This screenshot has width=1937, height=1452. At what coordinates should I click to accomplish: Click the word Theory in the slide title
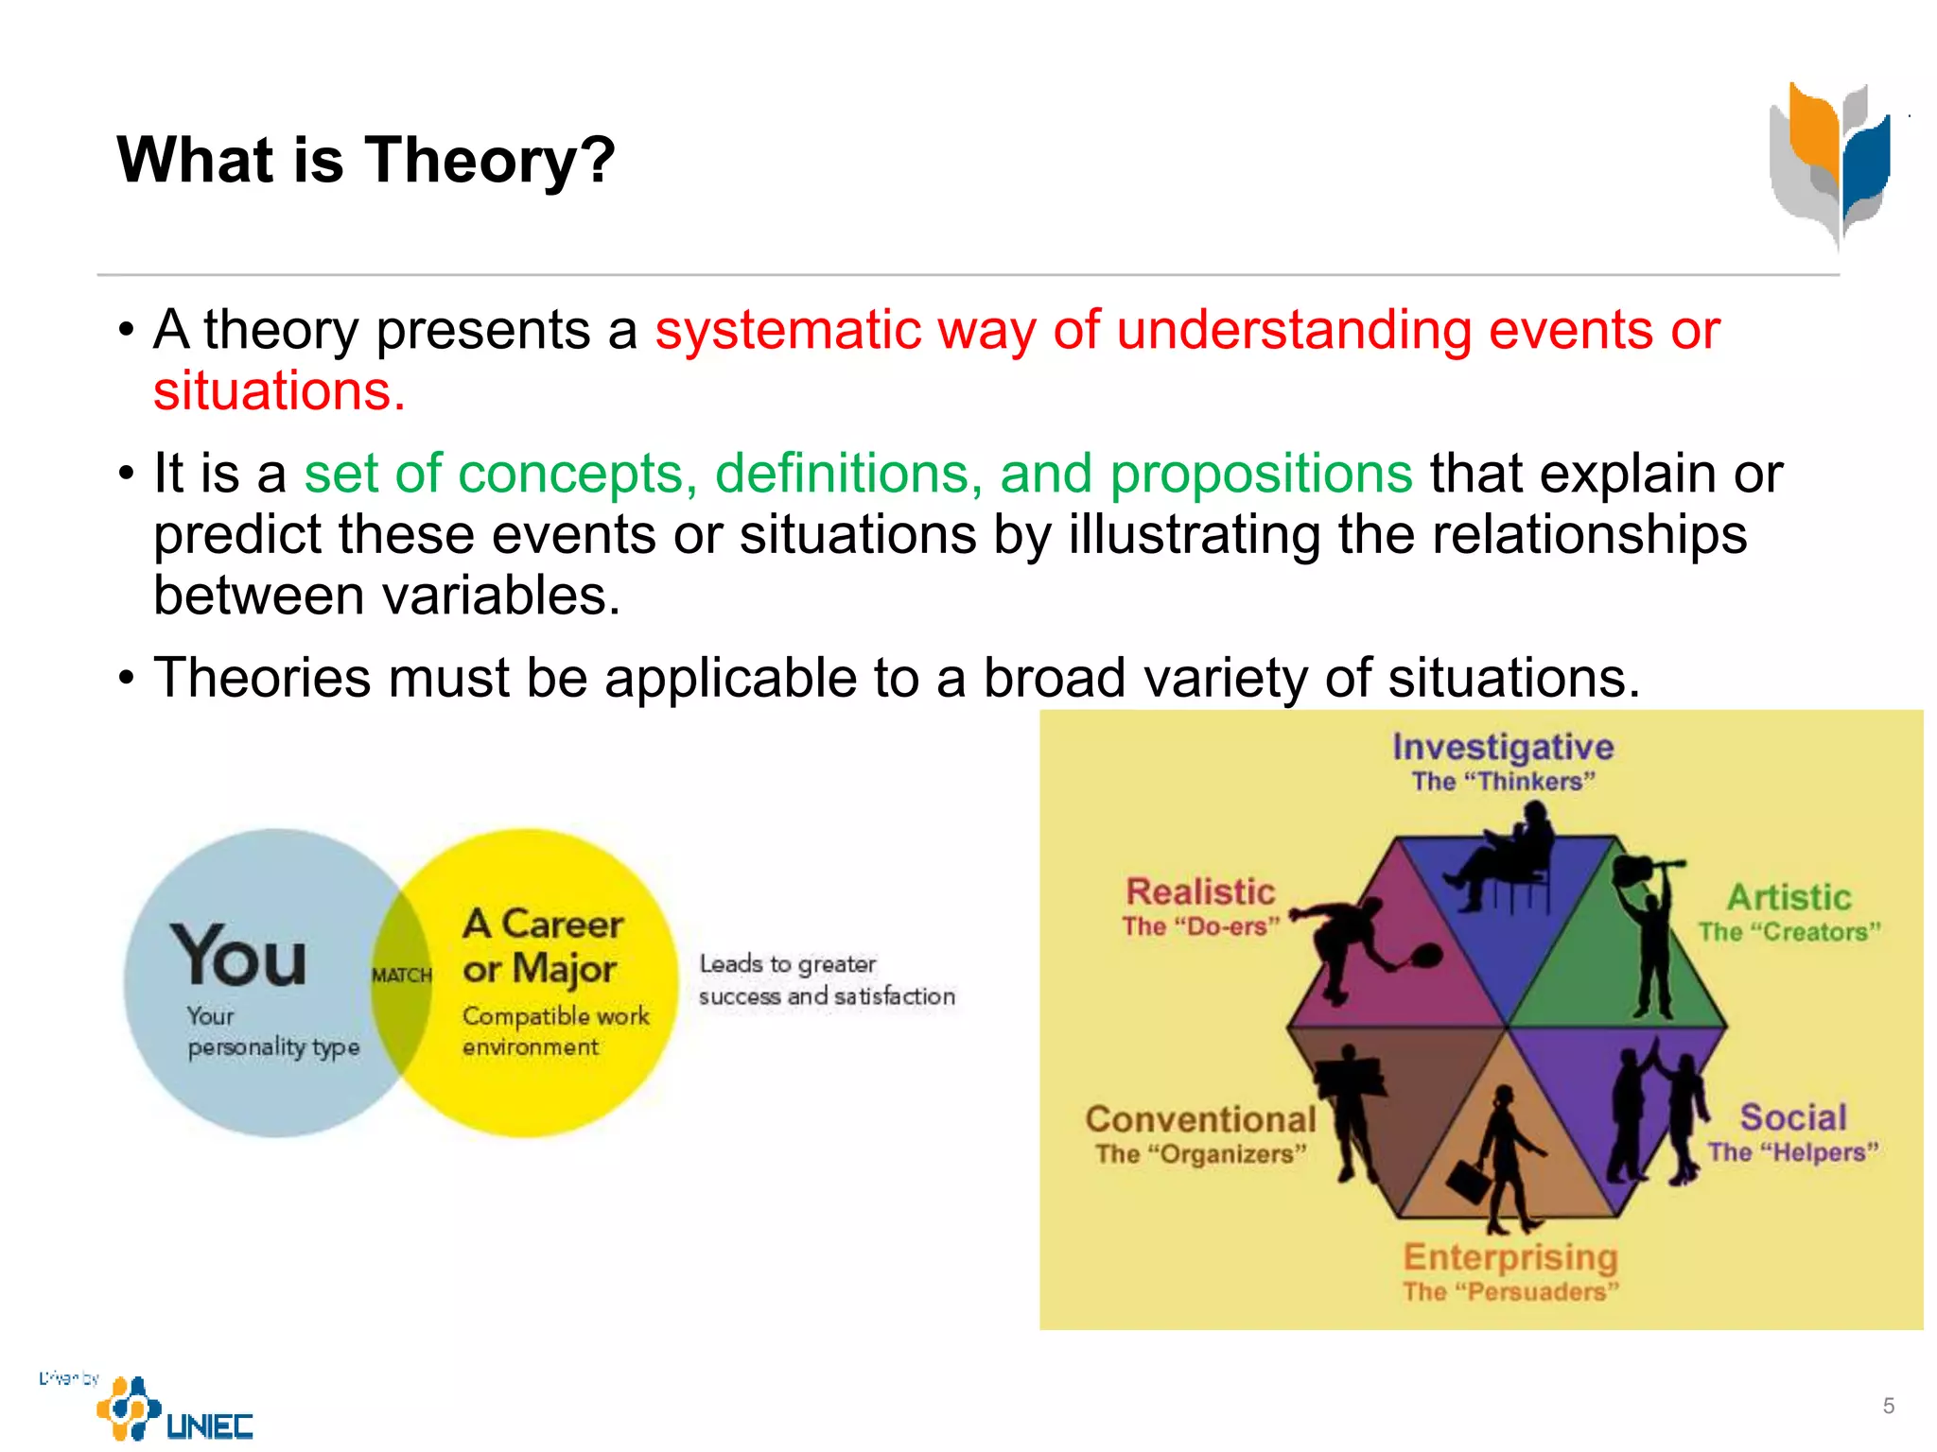[489, 160]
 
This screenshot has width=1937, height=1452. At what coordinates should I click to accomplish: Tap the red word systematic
[788, 331]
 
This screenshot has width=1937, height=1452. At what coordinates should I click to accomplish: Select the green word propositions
[1261, 474]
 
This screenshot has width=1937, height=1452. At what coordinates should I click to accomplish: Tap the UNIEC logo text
[209, 1426]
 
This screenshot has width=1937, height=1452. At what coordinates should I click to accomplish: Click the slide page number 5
[1888, 1406]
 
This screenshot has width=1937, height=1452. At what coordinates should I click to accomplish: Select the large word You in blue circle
[238, 957]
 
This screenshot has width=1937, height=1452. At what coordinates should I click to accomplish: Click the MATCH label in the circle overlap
[402, 976]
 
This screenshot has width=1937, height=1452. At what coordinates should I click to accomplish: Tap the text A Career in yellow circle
[543, 924]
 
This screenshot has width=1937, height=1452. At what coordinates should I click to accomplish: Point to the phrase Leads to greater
[787, 964]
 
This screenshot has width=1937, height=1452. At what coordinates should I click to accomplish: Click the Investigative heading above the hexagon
[1502, 747]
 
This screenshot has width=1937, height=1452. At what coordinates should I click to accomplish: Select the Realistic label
[1200, 891]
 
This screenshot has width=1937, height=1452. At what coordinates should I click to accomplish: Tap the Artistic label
[1789, 897]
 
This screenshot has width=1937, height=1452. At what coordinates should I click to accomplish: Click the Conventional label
[1200, 1119]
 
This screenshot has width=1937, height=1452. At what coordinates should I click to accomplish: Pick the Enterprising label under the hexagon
[1509, 1257]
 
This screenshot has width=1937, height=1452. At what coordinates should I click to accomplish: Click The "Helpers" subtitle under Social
[1792, 1152]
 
